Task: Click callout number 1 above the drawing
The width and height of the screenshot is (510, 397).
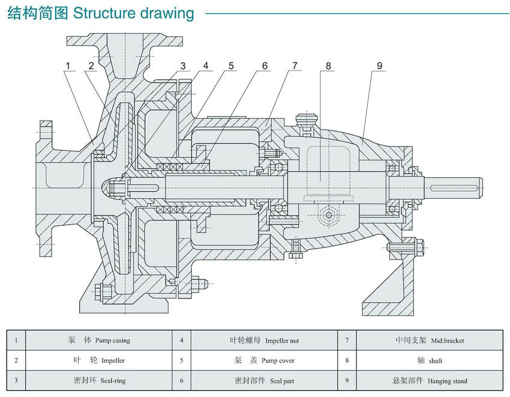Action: pyautogui.click(x=68, y=66)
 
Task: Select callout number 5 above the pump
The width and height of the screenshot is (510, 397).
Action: pyautogui.click(x=231, y=66)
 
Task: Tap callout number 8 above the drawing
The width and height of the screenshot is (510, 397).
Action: pyautogui.click(x=328, y=66)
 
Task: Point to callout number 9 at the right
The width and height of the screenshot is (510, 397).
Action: pyautogui.click(x=379, y=66)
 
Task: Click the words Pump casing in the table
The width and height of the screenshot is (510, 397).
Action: pyautogui.click(x=112, y=341)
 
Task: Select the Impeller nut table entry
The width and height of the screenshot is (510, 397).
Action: pyautogui.click(x=281, y=341)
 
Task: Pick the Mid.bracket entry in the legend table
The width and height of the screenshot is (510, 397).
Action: pyautogui.click(x=447, y=341)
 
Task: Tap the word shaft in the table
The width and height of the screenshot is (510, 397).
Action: pyautogui.click(x=436, y=361)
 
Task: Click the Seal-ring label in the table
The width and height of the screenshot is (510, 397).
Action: pyautogui.click(x=112, y=381)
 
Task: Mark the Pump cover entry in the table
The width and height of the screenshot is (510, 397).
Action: pyautogui.click(x=278, y=361)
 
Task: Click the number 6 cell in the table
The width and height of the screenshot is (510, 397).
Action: pyautogui.click(x=181, y=381)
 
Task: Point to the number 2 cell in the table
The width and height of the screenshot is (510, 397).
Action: pyautogui.click(x=16, y=361)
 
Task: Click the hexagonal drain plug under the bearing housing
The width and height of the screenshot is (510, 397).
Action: pyautogui.click(x=329, y=215)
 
